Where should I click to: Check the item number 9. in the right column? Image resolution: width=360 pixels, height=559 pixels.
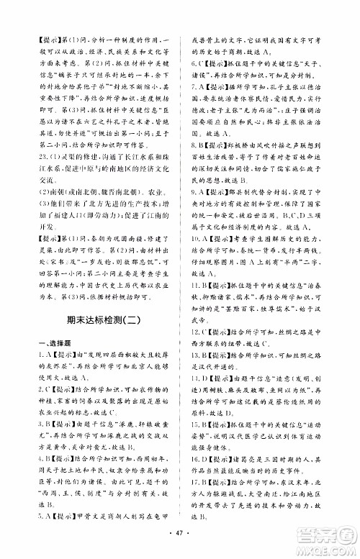click(194, 190)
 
